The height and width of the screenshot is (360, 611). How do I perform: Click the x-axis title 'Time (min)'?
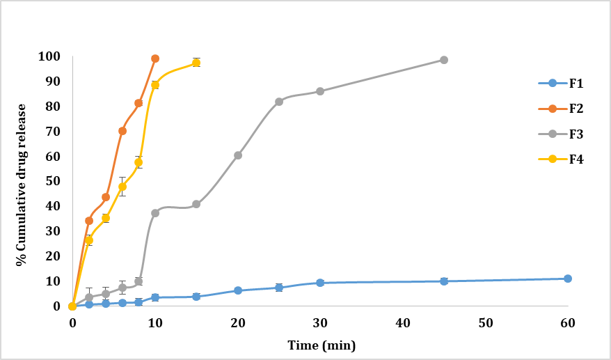321,344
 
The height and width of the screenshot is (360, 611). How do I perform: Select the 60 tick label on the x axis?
568,323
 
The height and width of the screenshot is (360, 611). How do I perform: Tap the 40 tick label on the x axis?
403,323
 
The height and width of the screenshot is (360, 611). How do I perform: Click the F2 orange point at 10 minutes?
155,58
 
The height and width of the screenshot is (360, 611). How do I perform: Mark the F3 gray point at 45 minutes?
444,60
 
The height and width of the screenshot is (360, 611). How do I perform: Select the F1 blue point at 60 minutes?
568,279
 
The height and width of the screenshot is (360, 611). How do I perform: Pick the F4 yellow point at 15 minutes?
196,63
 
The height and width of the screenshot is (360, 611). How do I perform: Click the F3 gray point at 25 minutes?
279,102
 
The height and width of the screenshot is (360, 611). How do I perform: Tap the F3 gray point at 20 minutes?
238,155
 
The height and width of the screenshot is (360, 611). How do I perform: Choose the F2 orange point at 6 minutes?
122,131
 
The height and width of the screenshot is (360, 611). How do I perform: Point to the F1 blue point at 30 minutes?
320,283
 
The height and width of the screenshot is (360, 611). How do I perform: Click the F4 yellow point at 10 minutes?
155,85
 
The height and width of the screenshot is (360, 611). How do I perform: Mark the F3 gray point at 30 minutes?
320,91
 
